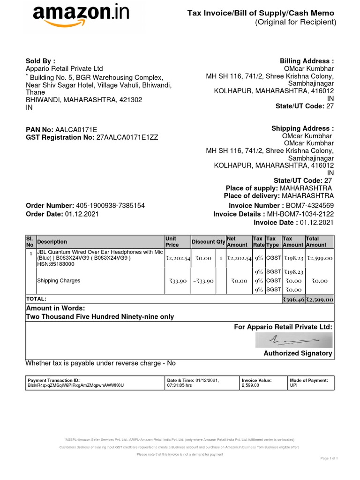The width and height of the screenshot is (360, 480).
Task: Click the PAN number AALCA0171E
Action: pos(76,129)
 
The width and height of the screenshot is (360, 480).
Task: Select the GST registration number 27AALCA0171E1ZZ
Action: pos(127,137)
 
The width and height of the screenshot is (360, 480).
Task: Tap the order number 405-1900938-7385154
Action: pos(110,206)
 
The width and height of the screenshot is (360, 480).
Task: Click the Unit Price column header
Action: pos(172,242)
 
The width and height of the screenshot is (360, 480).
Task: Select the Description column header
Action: pos(52,242)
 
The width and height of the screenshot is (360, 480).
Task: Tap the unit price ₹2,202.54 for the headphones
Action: pos(178,258)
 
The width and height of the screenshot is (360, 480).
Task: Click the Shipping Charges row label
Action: pos(59,281)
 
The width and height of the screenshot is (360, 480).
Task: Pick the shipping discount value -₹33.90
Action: pos(203,281)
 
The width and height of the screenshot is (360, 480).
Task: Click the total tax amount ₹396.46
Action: pos(293,300)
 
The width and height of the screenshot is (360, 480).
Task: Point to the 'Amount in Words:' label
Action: pos(55,308)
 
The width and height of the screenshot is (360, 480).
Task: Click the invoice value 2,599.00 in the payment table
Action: pos(250,385)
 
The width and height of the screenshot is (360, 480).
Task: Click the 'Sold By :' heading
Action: pos(40,61)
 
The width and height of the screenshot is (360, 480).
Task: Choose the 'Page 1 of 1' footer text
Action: pos(329,458)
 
